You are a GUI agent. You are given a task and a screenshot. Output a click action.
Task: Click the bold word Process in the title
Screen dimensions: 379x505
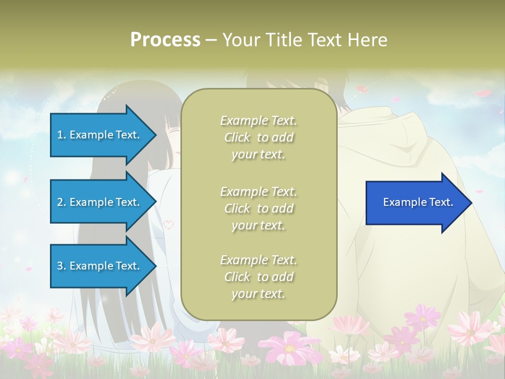click(165, 40)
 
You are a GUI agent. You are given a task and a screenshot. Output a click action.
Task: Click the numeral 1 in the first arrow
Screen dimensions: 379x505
click(60, 135)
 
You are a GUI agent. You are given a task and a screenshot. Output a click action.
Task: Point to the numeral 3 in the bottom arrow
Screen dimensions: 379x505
click(60, 266)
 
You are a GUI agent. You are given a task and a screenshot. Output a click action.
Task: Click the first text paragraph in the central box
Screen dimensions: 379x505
click(258, 137)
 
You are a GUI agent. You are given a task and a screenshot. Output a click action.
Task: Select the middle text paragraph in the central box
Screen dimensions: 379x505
click(258, 208)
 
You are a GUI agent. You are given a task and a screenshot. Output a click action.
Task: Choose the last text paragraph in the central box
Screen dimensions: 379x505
click(258, 277)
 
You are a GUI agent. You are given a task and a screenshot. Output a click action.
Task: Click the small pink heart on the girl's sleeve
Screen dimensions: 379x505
click(168, 224)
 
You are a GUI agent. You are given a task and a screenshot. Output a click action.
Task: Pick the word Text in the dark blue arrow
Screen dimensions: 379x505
click(442, 203)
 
